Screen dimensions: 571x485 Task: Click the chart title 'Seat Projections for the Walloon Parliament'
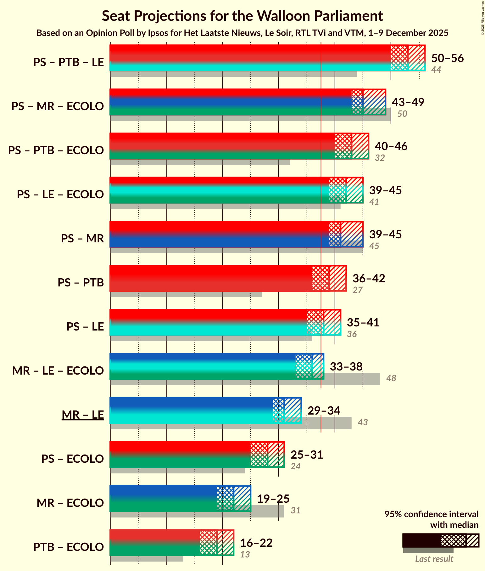coord(242,16)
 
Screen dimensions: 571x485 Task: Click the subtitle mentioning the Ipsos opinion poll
coord(242,33)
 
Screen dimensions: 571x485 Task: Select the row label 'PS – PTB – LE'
coord(69,62)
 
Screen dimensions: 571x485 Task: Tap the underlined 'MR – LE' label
coord(83,415)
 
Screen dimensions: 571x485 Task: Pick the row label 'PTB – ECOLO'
coord(69,547)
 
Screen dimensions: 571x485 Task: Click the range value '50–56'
coord(447,58)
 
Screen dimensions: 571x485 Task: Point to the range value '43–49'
coord(408,102)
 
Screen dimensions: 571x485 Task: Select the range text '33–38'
coord(346,367)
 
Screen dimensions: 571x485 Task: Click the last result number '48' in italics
coord(391,378)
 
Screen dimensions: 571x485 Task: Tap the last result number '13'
coord(245,555)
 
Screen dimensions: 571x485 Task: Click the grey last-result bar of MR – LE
coord(327,423)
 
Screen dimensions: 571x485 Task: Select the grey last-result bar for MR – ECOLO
coord(267,512)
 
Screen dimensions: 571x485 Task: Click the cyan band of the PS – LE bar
coord(208,329)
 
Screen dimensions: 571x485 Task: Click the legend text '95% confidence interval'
coord(431,514)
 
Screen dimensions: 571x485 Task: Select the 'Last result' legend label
coord(434,559)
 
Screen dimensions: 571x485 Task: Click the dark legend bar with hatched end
coord(440,540)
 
